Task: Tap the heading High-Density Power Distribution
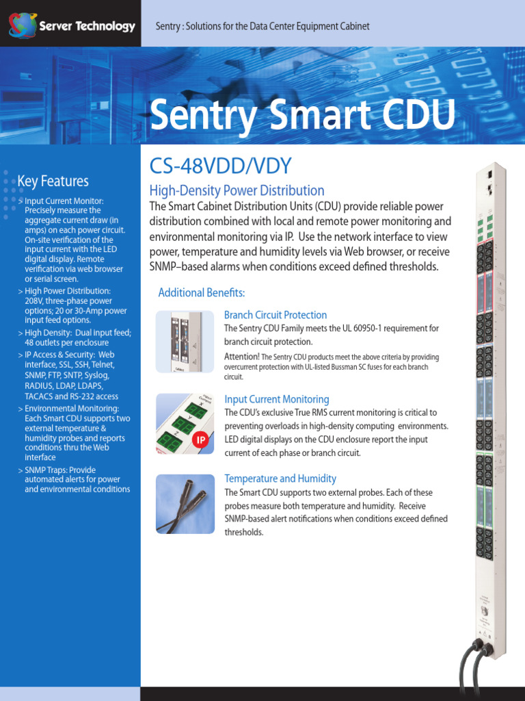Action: click(237, 190)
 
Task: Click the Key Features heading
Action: click(53, 181)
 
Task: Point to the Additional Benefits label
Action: click(201, 292)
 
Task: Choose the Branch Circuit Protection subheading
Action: click(275, 315)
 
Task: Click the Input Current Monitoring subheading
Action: click(276, 399)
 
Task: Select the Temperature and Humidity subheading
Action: click(280, 479)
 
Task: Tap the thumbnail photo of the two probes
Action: click(185, 504)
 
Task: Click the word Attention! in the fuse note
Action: click(241, 357)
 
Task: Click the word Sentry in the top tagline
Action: click(167, 26)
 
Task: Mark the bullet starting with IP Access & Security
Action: click(72, 375)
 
